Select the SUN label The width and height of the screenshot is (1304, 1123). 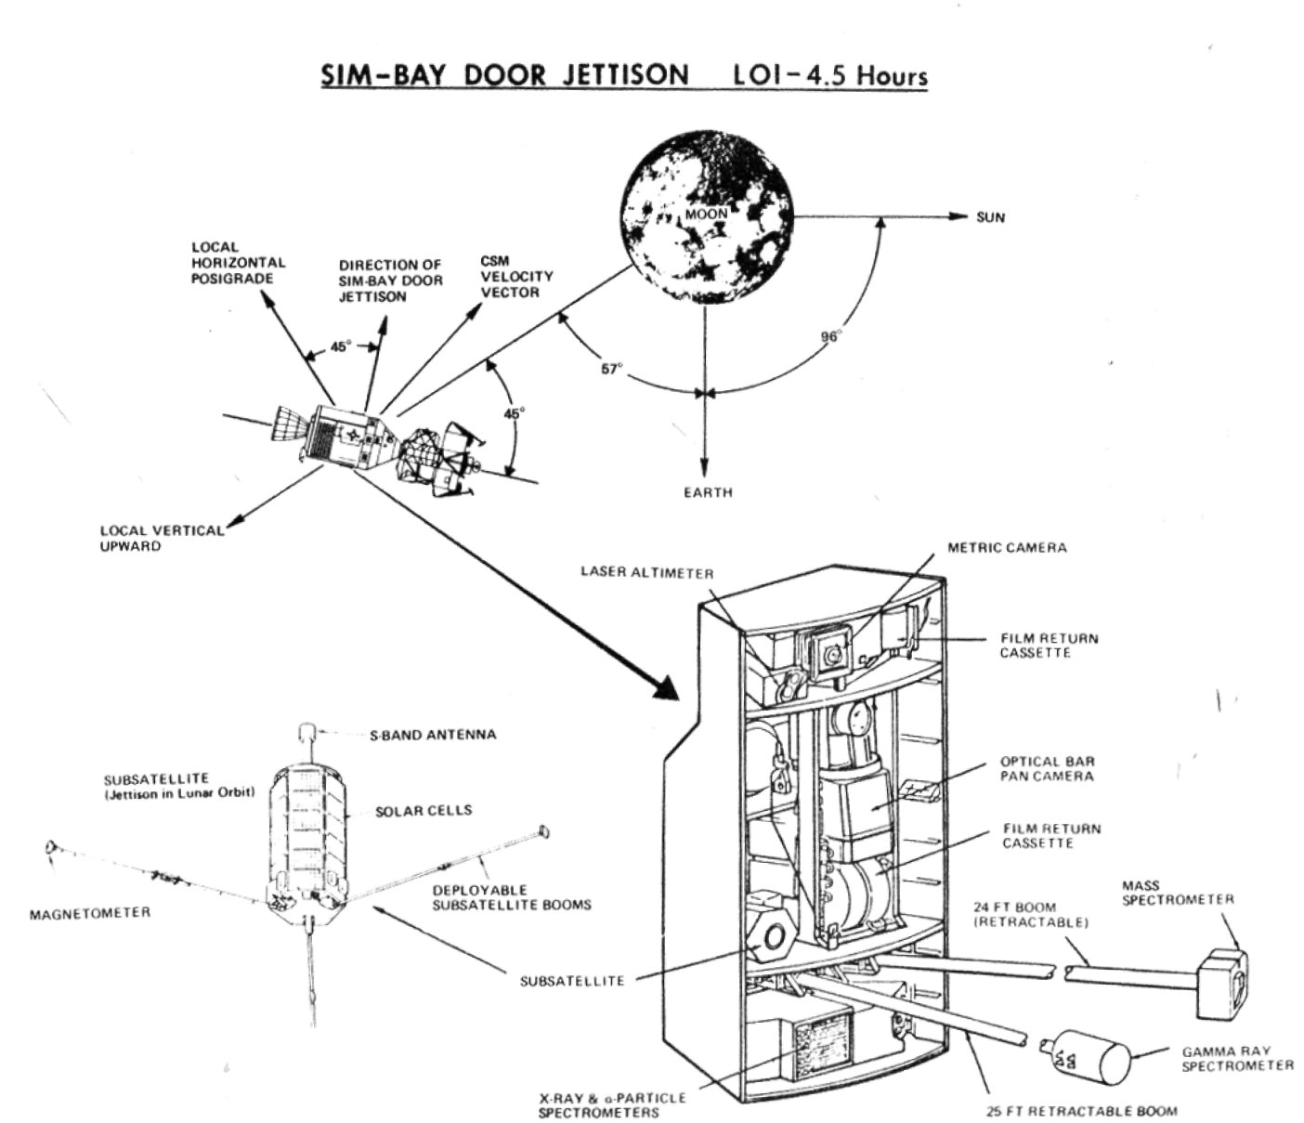[990, 217]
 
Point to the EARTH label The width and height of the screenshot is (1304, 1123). [707, 491]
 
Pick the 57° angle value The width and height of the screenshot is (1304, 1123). [610, 369]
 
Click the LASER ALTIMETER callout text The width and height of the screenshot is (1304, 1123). [646, 572]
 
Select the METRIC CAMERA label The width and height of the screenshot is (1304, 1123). [1007, 547]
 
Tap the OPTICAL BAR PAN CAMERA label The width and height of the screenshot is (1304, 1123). [1047, 767]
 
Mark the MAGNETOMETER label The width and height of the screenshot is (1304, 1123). [89, 913]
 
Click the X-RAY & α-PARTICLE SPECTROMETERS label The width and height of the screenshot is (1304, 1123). [612, 1104]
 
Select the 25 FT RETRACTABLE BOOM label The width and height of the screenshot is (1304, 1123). [1081, 1110]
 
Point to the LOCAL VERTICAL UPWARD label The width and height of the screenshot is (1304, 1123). [162, 538]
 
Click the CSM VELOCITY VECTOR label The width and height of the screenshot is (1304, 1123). [515, 276]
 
